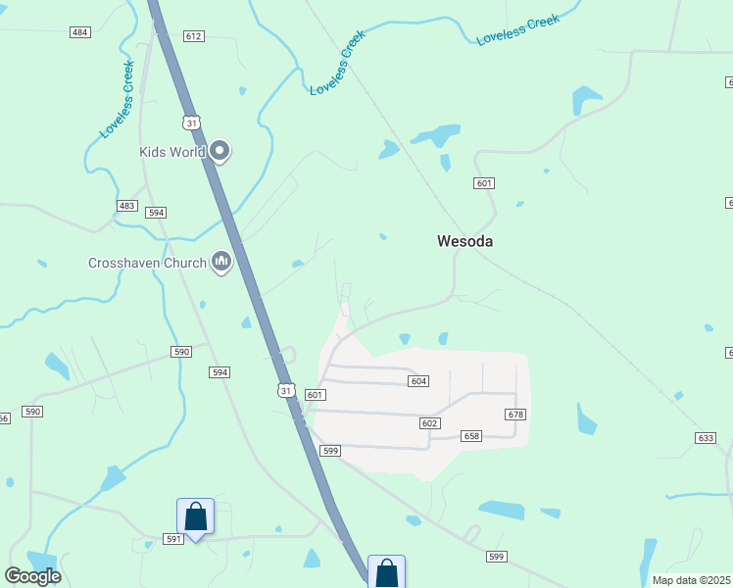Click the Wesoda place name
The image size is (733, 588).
click(x=464, y=241)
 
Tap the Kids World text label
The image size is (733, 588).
click(x=171, y=152)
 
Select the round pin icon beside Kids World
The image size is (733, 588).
click(x=220, y=151)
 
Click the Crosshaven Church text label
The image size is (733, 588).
click(x=147, y=263)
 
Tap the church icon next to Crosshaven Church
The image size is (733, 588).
click(x=222, y=262)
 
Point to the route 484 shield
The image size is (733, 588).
click(x=80, y=32)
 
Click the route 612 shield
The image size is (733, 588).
click(x=193, y=36)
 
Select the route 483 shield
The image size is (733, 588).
click(x=127, y=205)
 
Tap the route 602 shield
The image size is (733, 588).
click(x=429, y=422)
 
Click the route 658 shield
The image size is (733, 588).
click(x=471, y=435)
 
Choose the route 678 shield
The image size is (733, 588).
click(x=516, y=415)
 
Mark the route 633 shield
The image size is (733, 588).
click(x=705, y=437)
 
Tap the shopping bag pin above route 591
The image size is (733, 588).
click(x=195, y=517)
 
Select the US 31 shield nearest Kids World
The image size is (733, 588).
click(x=192, y=122)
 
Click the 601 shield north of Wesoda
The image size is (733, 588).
click(x=483, y=183)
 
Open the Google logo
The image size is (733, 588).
click(x=32, y=576)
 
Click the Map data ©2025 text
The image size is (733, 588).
click(x=691, y=580)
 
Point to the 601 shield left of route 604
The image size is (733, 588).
click(x=315, y=394)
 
